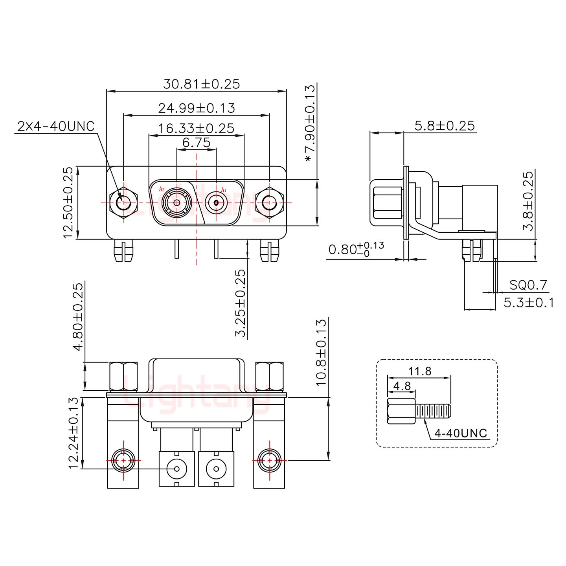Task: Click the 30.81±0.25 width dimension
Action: [x=201, y=84]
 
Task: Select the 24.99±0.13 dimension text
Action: [x=197, y=108]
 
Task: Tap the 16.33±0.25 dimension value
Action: [x=196, y=129]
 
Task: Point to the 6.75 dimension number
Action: [x=196, y=143]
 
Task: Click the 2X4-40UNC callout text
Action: [x=56, y=126]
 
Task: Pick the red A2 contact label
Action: [x=162, y=189]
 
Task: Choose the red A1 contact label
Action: [x=224, y=189]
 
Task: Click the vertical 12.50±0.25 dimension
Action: [x=68, y=203]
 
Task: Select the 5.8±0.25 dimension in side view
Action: [x=445, y=126]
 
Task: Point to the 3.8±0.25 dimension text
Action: [x=528, y=202]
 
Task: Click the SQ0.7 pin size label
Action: [x=528, y=285]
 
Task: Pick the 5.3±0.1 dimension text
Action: [x=529, y=303]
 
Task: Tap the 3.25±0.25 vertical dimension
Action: [x=240, y=303]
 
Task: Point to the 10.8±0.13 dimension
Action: [x=321, y=353]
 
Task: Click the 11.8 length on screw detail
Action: [x=420, y=371]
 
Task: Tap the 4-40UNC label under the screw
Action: [x=461, y=433]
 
